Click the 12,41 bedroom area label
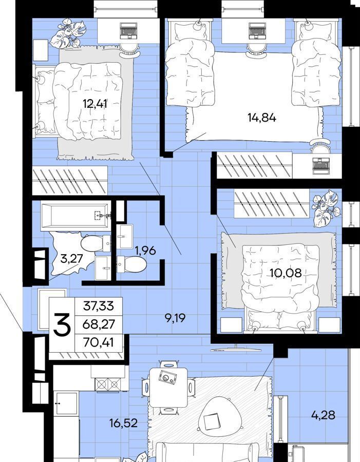click(94, 104)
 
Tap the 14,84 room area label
click(262, 118)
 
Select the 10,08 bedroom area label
click(286, 273)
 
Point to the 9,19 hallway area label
click(175, 318)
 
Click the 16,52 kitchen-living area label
click(124, 423)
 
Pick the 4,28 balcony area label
click(323, 415)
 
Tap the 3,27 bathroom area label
click(71, 259)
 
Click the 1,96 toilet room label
click(145, 251)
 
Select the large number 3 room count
click(62, 325)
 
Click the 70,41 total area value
click(99, 343)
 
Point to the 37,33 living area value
click(99, 306)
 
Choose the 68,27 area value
click(99, 324)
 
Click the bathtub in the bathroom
click(76, 216)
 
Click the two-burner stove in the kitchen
click(108, 384)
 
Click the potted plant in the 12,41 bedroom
click(67, 33)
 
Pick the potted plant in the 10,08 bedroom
click(326, 208)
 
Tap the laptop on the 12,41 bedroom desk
click(129, 31)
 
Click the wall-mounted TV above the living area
click(236, 350)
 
